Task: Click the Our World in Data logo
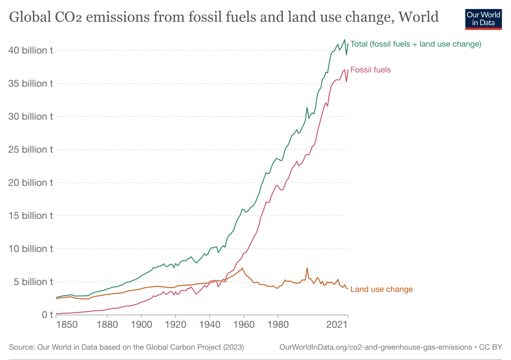[x=483, y=18]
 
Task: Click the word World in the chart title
[x=418, y=17]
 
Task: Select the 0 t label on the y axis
[x=47, y=315]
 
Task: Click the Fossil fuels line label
[x=370, y=70]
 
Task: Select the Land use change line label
[x=381, y=289]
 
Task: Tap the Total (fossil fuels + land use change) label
[x=415, y=44]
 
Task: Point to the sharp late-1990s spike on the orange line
[x=307, y=268]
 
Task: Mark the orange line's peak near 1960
[x=243, y=268]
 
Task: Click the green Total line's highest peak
[x=344, y=39]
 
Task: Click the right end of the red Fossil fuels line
[x=348, y=70]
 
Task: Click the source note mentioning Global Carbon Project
[x=126, y=347]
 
